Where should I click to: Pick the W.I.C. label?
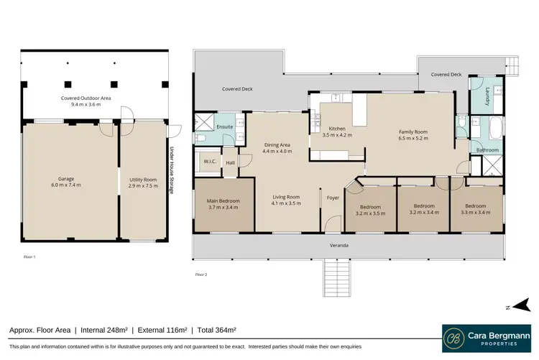211,163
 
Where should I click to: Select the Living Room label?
287,200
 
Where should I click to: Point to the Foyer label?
333,197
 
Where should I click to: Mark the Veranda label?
340,246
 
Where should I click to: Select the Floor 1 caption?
29,257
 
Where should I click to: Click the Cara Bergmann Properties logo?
486,336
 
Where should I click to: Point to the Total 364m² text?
216,331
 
